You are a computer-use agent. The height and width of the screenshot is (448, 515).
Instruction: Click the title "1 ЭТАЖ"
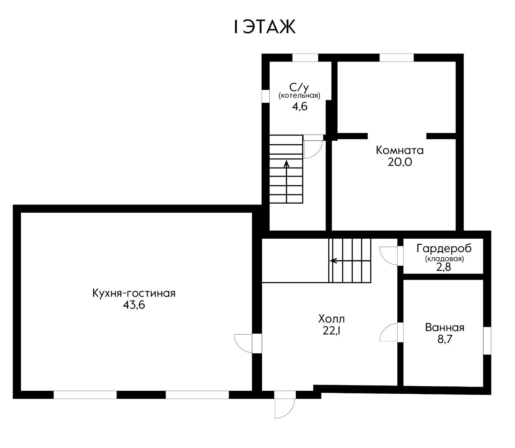point(264,27)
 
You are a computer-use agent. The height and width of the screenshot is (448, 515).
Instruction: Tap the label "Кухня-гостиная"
point(134,293)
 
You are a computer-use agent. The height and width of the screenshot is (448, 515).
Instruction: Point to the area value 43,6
point(134,305)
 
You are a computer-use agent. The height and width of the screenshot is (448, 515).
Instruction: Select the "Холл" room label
point(332,319)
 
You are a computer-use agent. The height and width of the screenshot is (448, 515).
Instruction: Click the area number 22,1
point(332,330)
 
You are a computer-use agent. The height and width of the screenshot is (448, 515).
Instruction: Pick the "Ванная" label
point(445,328)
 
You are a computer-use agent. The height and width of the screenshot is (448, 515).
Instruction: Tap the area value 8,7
point(445,339)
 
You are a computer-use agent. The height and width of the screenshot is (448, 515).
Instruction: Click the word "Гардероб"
point(444,248)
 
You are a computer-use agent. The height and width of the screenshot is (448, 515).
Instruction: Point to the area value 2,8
point(445,267)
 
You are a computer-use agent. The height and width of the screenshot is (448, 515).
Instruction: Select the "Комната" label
point(400,150)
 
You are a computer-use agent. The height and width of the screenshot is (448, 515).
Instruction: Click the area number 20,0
point(400,162)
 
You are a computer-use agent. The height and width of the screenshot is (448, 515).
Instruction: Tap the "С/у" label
point(299,87)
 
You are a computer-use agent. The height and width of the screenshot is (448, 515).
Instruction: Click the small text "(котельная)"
point(299,96)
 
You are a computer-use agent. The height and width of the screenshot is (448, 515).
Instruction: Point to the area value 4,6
point(300,106)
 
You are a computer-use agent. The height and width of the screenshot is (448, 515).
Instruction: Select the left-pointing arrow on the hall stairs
point(350,261)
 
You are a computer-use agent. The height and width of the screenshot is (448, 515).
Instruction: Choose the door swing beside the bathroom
point(389,332)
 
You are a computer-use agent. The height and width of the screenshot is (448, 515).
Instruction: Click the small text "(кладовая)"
point(445,259)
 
